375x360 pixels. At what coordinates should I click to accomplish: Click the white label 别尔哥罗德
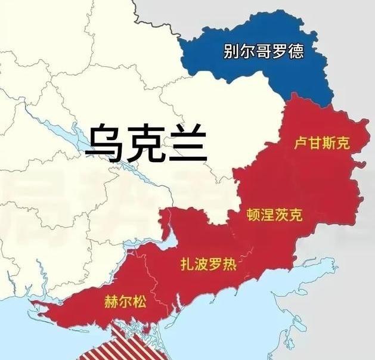click(x=264, y=51)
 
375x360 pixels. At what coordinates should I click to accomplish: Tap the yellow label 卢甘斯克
click(x=322, y=143)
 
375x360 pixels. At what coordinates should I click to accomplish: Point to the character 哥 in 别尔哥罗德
click(x=264, y=51)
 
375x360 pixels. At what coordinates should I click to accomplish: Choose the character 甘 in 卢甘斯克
click(x=315, y=143)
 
